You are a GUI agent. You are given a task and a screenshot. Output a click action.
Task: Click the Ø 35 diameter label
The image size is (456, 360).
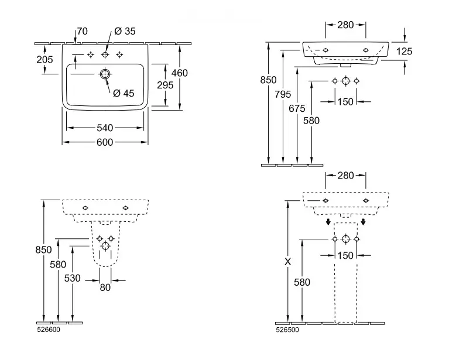[125, 32]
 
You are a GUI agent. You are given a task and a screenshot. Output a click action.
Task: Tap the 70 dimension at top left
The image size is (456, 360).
[82, 32]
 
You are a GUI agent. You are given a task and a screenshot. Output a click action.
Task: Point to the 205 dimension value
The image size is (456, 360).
[44, 59]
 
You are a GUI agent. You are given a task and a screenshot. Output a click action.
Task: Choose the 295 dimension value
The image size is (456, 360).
[166, 85]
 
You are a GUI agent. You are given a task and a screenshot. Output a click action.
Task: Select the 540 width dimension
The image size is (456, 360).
[105, 128]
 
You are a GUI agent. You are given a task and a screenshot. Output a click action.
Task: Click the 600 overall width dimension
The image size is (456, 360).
[105, 142]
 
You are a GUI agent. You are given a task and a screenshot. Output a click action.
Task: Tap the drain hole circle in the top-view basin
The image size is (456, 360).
[105, 74]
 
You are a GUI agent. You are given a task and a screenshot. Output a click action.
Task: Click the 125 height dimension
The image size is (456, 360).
[404, 52]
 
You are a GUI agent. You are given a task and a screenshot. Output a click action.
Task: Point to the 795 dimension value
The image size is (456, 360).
[283, 94]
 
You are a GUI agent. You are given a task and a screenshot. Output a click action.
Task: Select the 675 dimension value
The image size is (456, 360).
[297, 108]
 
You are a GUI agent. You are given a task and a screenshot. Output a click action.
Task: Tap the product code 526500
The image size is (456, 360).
[286, 330]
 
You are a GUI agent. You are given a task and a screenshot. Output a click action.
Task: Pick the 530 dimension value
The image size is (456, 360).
[72, 279]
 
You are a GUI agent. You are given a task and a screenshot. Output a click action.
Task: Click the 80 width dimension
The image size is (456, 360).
[105, 287]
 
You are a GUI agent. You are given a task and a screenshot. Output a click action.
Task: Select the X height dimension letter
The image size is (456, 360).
[287, 262]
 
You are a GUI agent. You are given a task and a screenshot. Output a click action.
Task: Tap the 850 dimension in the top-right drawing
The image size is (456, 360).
[268, 80]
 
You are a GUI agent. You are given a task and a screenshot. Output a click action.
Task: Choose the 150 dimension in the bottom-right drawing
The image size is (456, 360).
[345, 255]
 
